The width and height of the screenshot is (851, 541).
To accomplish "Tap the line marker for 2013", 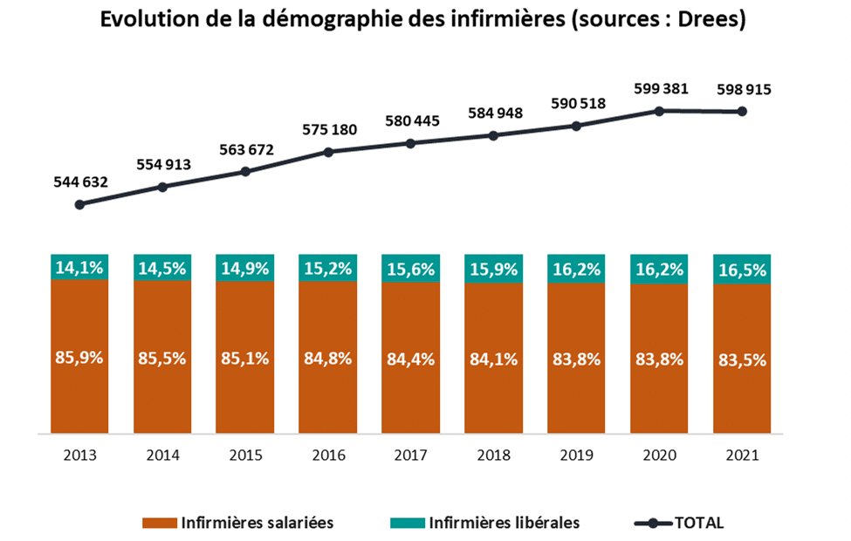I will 79,204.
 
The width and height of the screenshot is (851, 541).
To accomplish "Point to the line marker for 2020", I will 660,111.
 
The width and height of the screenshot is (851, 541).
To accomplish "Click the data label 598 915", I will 743,89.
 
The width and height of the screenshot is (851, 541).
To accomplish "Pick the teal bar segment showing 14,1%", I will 79,268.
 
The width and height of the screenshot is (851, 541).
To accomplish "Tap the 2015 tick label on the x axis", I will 245,455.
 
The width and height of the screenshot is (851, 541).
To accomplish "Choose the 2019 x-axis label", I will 576,455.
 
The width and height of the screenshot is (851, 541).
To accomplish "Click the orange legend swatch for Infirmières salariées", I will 160,523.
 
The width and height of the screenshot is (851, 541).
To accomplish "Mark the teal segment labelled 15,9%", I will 493,269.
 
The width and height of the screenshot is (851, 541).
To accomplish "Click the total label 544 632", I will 79,182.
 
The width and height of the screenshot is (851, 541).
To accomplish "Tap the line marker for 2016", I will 328,152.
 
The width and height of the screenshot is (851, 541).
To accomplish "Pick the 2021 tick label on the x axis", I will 742,455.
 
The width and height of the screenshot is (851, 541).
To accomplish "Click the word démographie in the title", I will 339,20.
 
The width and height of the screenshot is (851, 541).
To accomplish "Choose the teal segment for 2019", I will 576,270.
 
